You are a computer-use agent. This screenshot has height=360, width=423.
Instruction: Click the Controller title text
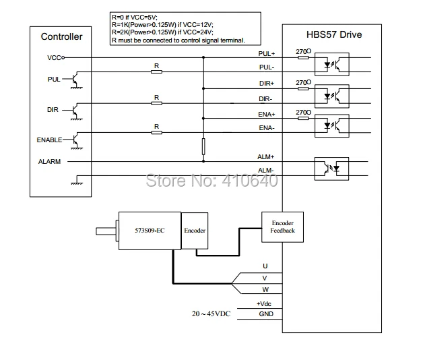[x=61, y=36]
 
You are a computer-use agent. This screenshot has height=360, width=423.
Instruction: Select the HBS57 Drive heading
[x=334, y=34]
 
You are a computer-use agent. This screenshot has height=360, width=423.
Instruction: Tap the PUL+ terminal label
[x=266, y=53]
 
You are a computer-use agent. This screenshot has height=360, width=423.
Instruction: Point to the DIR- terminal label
[x=265, y=99]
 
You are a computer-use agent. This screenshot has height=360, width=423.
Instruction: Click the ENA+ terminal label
[x=266, y=114]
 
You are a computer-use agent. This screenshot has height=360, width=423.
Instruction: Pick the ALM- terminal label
[x=266, y=171]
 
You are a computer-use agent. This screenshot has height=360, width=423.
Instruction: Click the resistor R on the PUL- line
[x=156, y=72]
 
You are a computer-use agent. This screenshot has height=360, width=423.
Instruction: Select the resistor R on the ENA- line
[x=156, y=133]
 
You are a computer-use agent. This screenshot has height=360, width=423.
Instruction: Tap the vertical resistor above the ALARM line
[x=203, y=146]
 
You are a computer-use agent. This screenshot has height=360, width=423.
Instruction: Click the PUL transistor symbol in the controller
[x=76, y=80]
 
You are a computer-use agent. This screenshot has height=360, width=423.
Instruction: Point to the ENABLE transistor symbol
[x=76, y=140]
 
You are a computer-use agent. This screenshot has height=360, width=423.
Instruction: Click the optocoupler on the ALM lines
[x=331, y=169]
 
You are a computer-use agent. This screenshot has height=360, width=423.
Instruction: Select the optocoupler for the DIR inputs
[x=332, y=96]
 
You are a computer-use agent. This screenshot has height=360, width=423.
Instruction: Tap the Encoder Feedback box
[x=282, y=227]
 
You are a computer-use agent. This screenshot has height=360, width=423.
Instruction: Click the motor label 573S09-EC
[x=150, y=231]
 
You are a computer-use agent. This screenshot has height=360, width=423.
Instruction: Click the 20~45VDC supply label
[x=211, y=313]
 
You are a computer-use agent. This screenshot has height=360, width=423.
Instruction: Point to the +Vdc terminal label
[x=264, y=304]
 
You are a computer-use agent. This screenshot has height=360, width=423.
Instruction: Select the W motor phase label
[x=265, y=290]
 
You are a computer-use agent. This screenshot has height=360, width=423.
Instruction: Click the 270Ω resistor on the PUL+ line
[x=303, y=57]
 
